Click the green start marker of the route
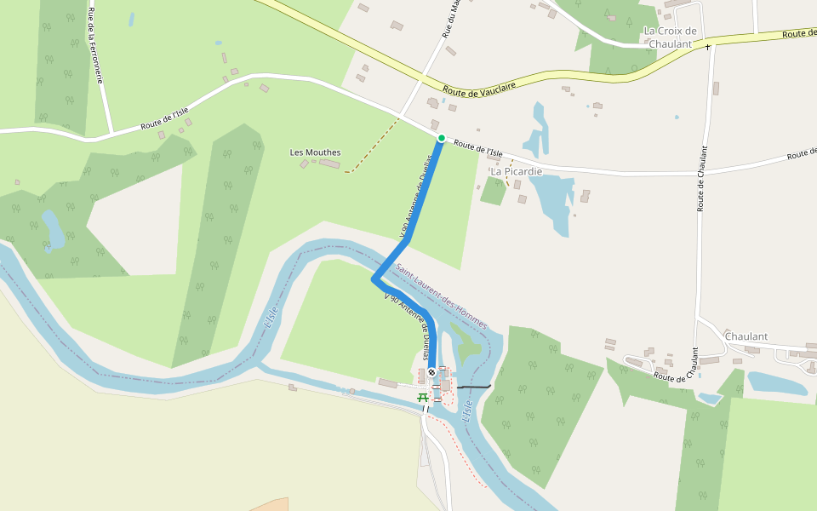coord(441,138)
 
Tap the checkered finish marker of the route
coord(432,371)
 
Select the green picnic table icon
coord(421,397)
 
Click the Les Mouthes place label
coord(315,152)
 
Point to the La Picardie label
coord(516,171)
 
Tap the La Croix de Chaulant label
coord(670,37)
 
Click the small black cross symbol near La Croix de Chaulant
coord(707,47)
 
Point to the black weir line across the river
coord(474,388)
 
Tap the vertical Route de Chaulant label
coord(703,179)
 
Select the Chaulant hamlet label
coord(746,336)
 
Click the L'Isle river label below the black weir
coord(466,413)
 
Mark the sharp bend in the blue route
coord(374,278)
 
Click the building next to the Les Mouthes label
coord(329,164)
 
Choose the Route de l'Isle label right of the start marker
coord(477,149)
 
